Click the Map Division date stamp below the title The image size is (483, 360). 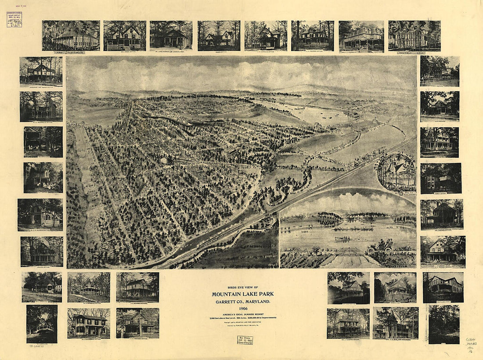(x=245, y=340)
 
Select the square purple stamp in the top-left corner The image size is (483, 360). (x=14, y=19)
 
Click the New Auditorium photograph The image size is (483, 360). (x=71, y=35)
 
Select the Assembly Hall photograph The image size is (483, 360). (x=415, y=35)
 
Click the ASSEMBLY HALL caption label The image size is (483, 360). (x=415, y=53)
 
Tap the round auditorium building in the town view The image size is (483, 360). (x=166, y=161)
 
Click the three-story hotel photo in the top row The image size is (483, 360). (x=361, y=36)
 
